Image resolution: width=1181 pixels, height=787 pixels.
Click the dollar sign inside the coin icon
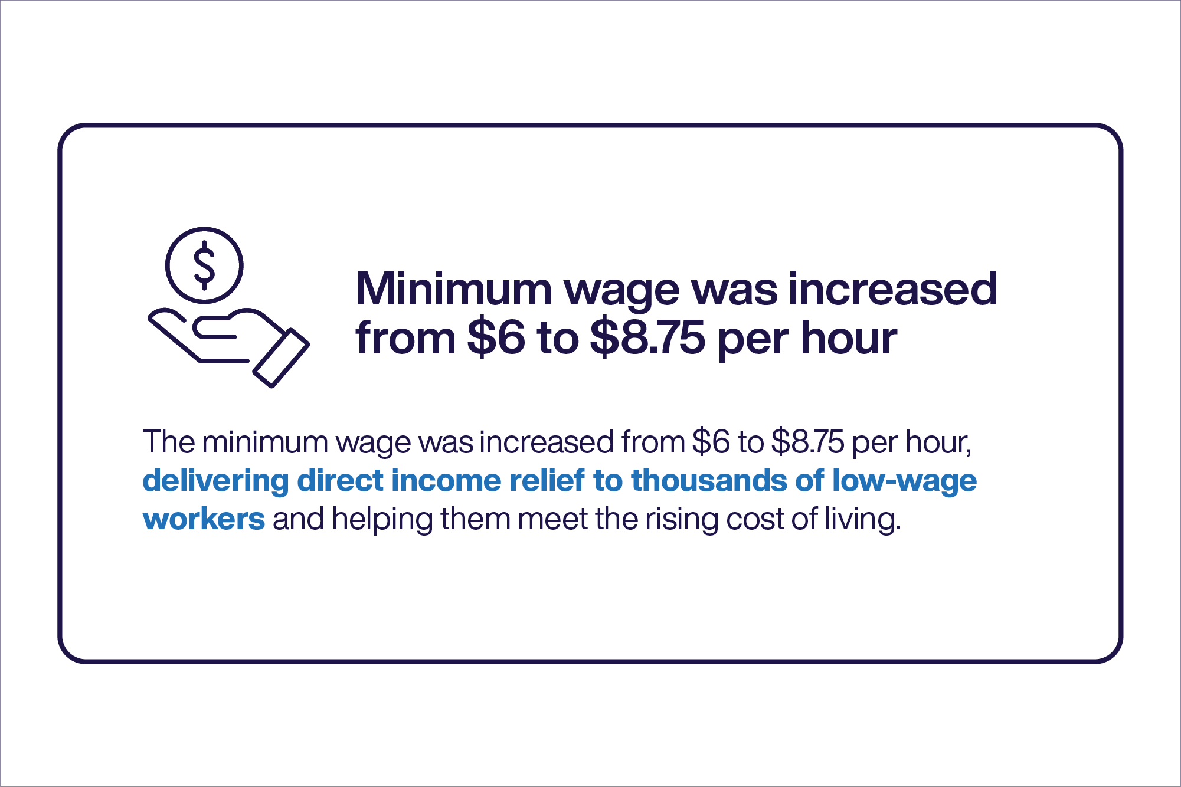pos(204,265)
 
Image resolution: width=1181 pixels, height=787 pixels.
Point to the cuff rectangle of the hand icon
pos(281,358)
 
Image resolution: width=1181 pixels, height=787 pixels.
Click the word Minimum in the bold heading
pos(453,289)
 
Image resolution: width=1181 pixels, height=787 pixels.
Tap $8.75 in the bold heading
pos(647,338)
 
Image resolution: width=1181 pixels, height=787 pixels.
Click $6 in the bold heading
pos(496,338)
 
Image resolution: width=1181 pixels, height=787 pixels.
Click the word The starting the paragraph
pos(169,442)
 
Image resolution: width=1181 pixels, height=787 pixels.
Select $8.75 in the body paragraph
pos(807,442)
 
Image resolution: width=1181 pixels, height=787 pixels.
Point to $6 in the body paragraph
pos(711,442)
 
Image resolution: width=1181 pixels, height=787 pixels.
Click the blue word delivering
pos(216,481)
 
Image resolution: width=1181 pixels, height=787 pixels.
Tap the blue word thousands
pos(709,480)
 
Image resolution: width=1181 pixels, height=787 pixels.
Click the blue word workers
pos(204,519)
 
